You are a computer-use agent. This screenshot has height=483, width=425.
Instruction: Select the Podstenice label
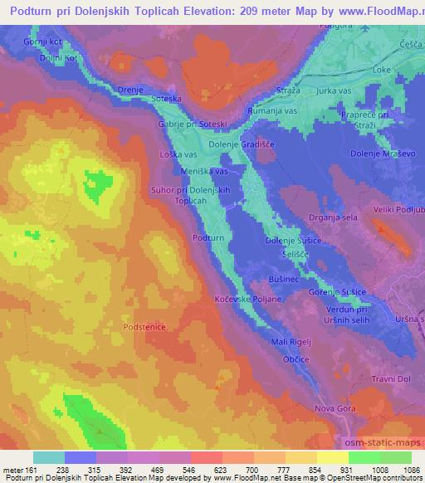coord(144,328)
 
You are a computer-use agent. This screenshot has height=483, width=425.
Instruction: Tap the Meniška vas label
coord(204,171)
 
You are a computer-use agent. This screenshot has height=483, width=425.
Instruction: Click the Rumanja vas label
coord(274,110)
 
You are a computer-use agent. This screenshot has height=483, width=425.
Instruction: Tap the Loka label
coord(383,71)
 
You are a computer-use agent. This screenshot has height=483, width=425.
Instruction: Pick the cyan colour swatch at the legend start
coord(48,457)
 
